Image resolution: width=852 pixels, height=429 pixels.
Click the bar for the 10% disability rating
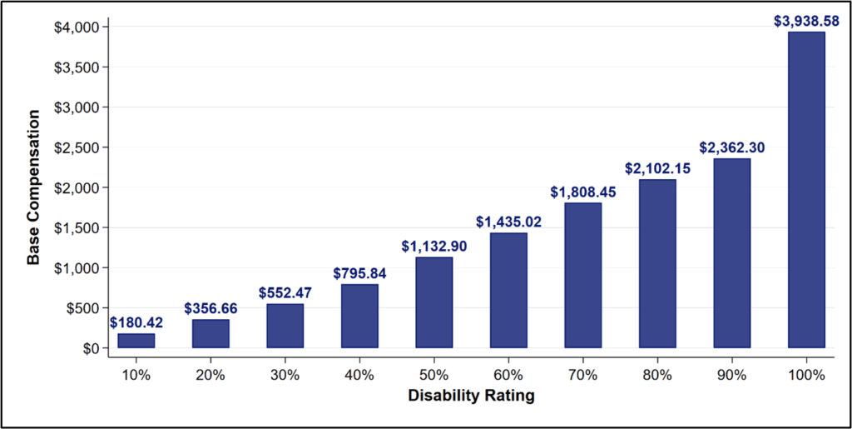pyautogui.click(x=136, y=341)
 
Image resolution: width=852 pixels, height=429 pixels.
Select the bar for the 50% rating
pyautogui.click(x=433, y=302)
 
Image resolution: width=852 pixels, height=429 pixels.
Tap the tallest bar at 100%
pyautogui.click(x=806, y=190)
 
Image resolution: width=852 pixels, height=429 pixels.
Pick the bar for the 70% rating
pyautogui.click(x=582, y=275)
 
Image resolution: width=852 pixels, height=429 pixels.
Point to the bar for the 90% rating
pyautogui.click(x=731, y=253)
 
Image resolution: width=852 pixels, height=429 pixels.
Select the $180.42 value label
pyautogui.click(x=136, y=322)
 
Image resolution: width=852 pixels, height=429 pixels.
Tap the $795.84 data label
pyautogui.click(x=359, y=273)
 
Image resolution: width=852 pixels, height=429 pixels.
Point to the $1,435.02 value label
pyautogui.click(x=508, y=222)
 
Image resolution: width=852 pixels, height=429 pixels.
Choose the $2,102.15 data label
pyautogui.click(x=657, y=168)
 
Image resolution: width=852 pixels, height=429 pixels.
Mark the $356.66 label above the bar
pyautogui.click(x=211, y=308)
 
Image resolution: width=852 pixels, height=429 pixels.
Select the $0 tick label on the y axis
pyautogui.click(x=89, y=348)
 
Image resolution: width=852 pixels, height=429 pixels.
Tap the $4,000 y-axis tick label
pyautogui.click(x=77, y=27)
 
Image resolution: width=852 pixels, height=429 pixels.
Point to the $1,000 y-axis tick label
pyautogui.click(x=77, y=268)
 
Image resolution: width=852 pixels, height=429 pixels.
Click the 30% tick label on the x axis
pyautogui.click(x=285, y=376)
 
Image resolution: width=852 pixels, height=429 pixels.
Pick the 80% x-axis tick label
pyautogui.click(x=657, y=376)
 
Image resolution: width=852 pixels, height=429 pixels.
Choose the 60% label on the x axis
pyautogui.click(x=508, y=376)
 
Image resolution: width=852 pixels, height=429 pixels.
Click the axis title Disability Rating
pyautogui.click(x=471, y=396)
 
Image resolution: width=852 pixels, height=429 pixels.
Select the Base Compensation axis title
pyautogui.click(x=33, y=187)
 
